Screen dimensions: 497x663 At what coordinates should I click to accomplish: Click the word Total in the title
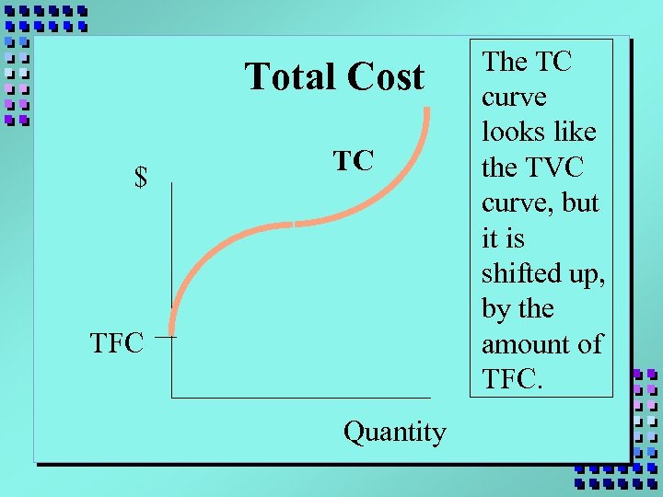[289, 77]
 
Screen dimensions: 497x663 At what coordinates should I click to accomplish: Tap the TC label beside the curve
[353, 161]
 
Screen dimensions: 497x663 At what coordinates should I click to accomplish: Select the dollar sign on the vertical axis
[141, 177]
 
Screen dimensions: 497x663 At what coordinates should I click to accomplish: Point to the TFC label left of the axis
[117, 344]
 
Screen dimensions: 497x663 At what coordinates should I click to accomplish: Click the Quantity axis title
[394, 431]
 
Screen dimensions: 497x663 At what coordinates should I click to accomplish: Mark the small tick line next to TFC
[166, 338]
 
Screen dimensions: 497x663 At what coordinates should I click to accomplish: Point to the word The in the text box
[504, 62]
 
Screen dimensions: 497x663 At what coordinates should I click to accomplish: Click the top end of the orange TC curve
[428, 110]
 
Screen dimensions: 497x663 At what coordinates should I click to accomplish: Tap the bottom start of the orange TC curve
[172, 331]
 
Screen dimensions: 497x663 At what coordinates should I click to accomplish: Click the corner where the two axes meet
[171, 397]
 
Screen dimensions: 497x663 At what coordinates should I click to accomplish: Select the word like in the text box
[577, 132]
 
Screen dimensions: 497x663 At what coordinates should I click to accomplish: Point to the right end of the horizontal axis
[429, 397]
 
